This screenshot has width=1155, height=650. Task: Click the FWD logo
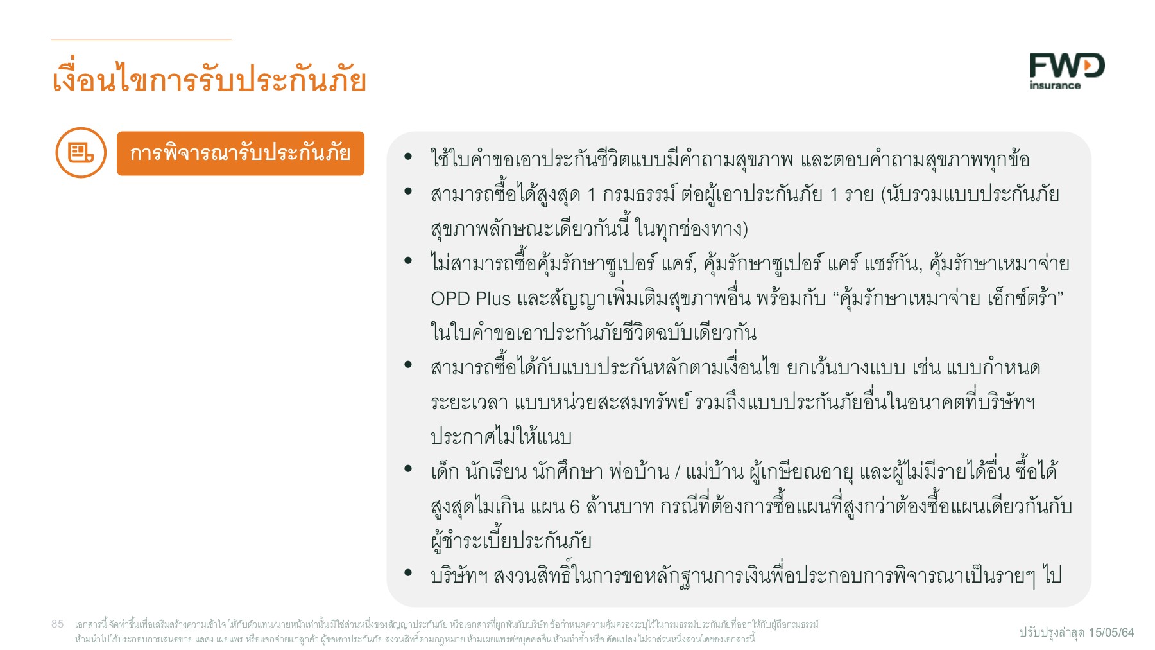(x=1066, y=66)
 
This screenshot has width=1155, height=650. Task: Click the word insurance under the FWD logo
(x=1054, y=85)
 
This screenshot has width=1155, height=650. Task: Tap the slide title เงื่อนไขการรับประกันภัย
(x=209, y=80)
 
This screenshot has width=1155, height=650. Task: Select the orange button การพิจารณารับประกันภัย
(x=240, y=154)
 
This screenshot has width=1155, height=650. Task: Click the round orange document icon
(x=81, y=153)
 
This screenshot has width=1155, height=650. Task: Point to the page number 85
(x=58, y=624)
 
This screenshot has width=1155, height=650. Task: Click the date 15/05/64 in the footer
(x=1111, y=633)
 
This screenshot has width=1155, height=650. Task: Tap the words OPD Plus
(x=470, y=299)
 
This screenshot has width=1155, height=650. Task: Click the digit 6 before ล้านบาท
(x=575, y=507)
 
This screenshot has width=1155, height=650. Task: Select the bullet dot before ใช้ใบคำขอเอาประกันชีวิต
(x=408, y=156)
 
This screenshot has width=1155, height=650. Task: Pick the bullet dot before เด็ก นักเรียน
(x=408, y=469)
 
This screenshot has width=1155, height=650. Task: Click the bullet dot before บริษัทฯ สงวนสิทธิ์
(x=408, y=572)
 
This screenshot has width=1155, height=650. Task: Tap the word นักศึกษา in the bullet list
(x=568, y=472)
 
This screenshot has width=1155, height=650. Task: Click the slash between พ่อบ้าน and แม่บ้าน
(x=678, y=473)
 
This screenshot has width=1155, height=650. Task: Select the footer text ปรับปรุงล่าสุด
(x=1052, y=633)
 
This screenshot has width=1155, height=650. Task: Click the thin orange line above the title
(x=141, y=40)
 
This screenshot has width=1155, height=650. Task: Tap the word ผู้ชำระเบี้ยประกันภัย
(x=511, y=541)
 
